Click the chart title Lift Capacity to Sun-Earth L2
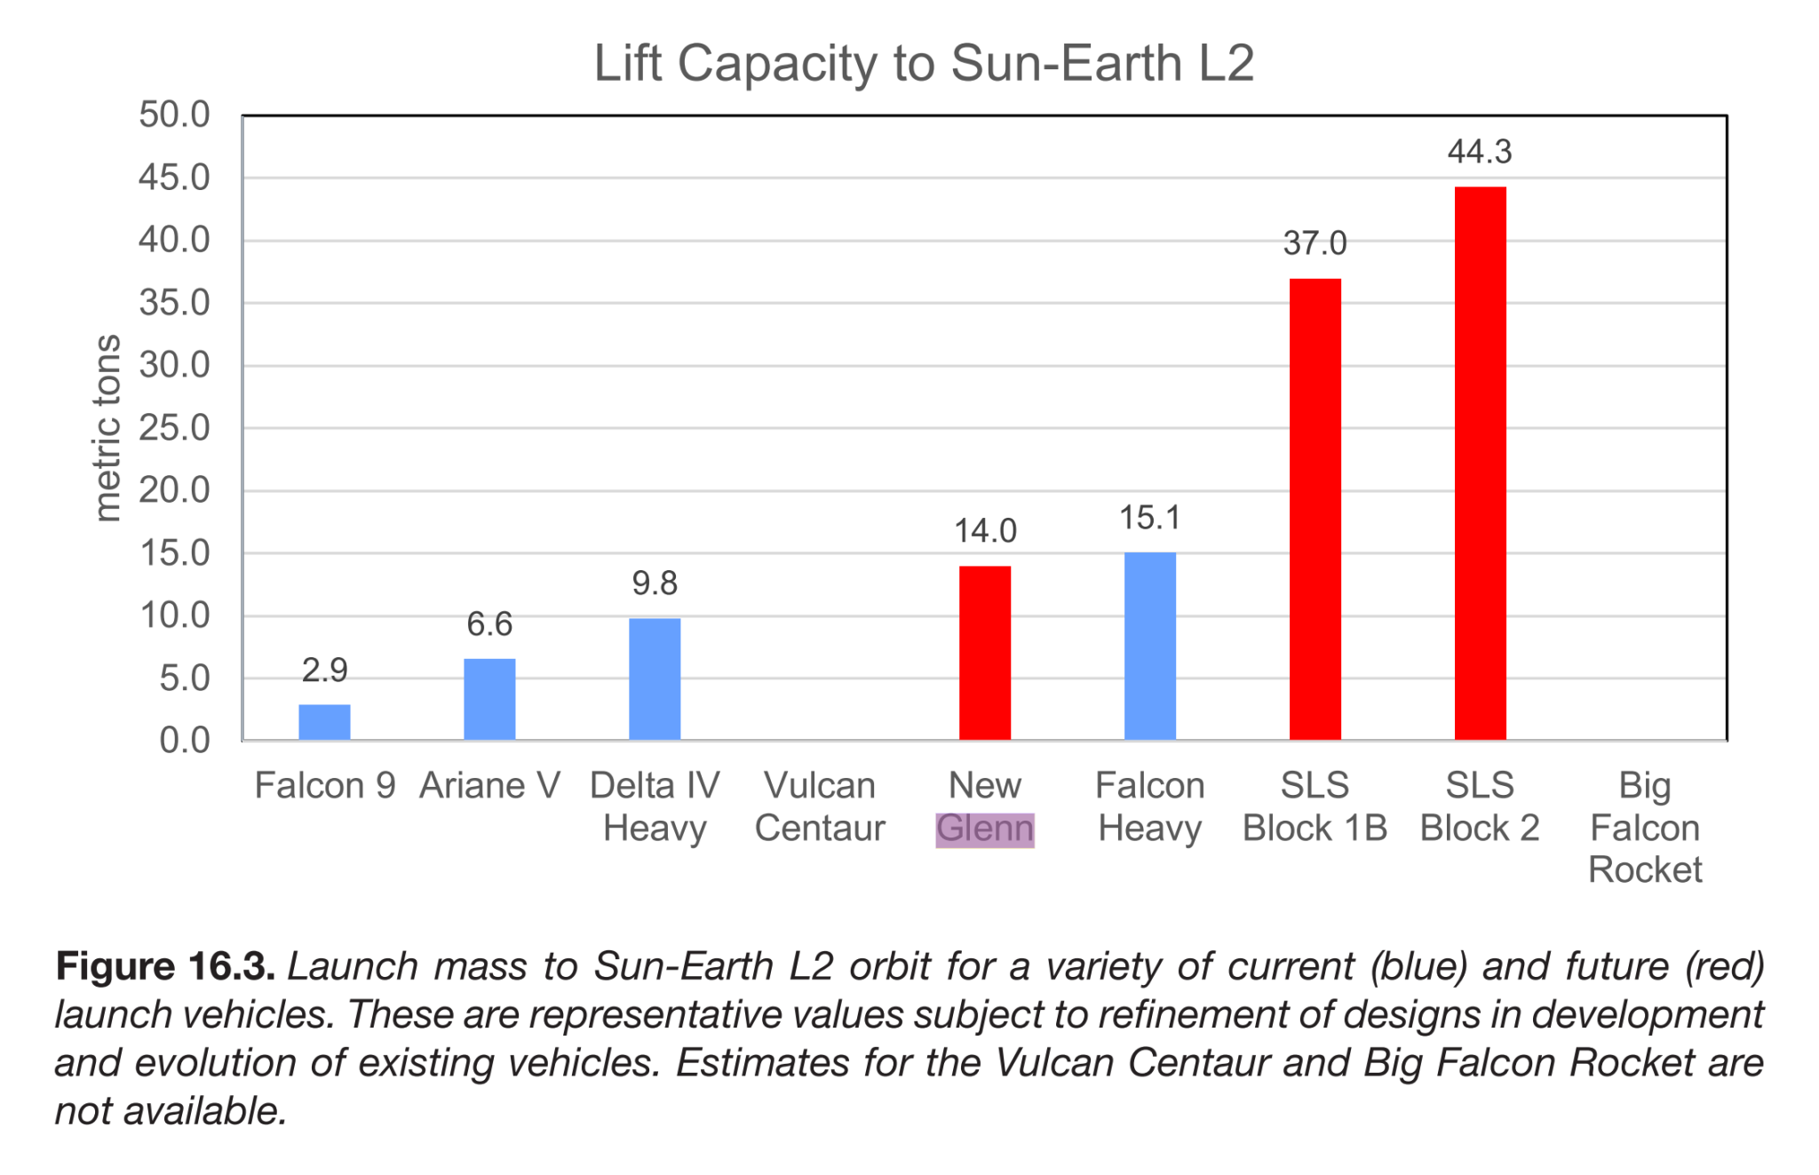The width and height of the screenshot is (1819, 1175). (924, 64)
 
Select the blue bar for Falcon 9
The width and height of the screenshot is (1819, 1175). (324, 722)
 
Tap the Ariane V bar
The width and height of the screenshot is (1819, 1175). (489, 699)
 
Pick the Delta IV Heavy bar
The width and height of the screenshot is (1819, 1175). (655, 679)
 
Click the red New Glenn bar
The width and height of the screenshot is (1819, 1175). (985, 653)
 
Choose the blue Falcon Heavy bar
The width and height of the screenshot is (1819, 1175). (1150, 646)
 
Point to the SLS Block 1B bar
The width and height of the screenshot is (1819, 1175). (1315, 509)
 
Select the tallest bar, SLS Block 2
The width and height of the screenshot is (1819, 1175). (1481, 463)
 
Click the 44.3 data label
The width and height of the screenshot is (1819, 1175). (1480, 152)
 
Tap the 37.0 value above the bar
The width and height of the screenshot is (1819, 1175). (1315, 243)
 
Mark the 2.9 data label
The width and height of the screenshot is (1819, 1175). (324, 670)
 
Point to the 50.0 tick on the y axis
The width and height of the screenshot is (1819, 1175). (174, 115)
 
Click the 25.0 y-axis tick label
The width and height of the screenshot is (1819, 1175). (174, 428)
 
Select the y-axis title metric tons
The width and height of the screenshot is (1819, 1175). (107, 428)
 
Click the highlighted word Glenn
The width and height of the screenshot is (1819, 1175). (985, 829)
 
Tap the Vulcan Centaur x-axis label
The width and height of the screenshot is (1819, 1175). (820, 806)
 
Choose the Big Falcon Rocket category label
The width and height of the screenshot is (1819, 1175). (1645, 827)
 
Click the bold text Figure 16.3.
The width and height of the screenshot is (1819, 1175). (165, 966)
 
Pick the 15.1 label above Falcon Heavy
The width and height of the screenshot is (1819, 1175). (1149, 518)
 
